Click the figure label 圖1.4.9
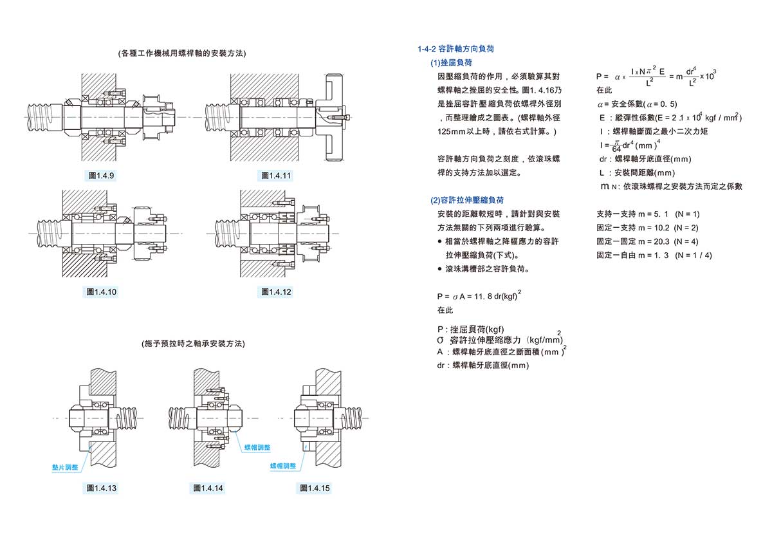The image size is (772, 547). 100,176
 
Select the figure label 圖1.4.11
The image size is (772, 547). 277,176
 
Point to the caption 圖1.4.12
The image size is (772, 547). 277,292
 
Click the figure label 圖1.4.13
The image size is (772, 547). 101,488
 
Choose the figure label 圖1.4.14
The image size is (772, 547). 208,488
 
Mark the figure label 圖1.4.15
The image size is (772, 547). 315,488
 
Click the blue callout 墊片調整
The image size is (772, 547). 65,467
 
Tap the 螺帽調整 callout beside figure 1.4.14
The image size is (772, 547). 257,447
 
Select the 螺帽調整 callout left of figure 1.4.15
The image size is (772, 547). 283,465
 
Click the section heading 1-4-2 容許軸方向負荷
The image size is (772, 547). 455,49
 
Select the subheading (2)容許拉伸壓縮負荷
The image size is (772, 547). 467,200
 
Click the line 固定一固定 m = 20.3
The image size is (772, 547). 647,241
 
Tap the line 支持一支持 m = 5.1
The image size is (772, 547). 648,214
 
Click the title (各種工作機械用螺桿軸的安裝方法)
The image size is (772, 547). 182,53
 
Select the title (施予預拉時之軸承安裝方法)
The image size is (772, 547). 193,344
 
